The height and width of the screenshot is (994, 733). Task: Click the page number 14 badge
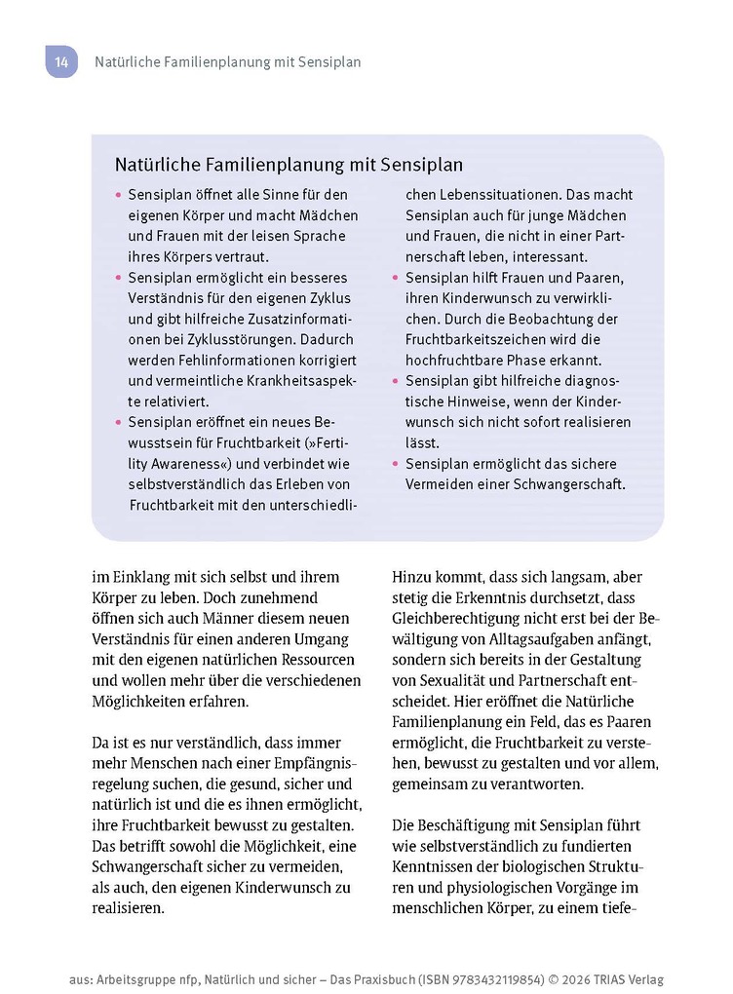[x=60, y=62]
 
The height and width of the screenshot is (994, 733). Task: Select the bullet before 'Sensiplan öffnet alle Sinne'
[x=119, y=195]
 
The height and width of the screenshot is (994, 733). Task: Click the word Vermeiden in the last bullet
[x=438, y=484]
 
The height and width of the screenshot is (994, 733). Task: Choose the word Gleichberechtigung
[x=472, y=618]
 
